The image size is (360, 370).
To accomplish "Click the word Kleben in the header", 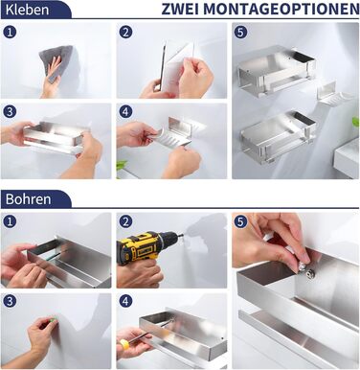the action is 27,10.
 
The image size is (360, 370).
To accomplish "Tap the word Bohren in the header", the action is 28,199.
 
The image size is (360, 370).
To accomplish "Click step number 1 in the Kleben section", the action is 10,32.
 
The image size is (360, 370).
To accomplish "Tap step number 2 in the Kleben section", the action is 126,32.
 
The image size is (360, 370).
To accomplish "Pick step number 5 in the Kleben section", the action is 241,32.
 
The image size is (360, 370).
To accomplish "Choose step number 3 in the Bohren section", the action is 10,301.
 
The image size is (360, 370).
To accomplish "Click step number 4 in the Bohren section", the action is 126,301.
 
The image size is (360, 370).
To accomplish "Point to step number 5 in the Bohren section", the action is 241,221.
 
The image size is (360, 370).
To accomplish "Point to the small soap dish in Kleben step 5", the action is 332,95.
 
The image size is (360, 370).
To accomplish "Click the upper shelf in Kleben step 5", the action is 276,71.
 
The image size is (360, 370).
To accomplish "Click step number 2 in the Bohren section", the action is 126,221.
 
